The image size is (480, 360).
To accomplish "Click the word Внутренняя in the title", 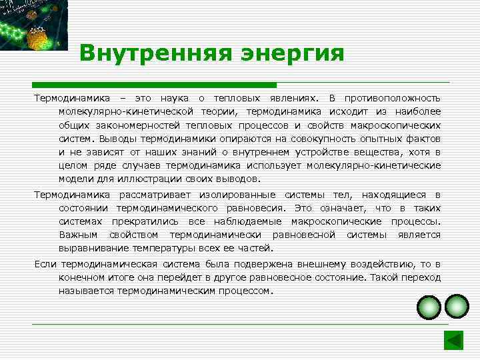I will [x=142, y=53].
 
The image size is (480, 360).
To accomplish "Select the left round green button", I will [x=429, y=307].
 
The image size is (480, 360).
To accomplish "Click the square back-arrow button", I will [x=453, y=339].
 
